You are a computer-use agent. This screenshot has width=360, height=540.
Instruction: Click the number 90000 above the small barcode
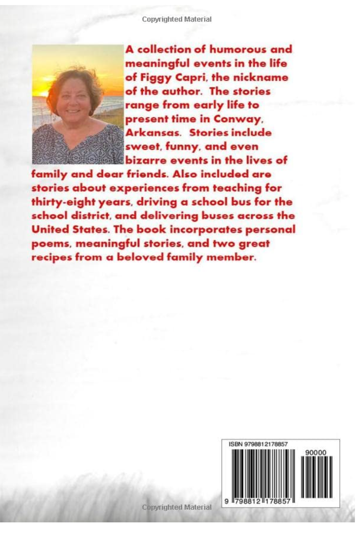[316, 452]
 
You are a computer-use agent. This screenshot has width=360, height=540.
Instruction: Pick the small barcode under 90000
[317, 477]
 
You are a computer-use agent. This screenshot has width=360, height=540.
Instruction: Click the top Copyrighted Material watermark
[177, 19]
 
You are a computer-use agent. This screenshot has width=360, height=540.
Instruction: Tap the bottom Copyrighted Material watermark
[177, 507]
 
